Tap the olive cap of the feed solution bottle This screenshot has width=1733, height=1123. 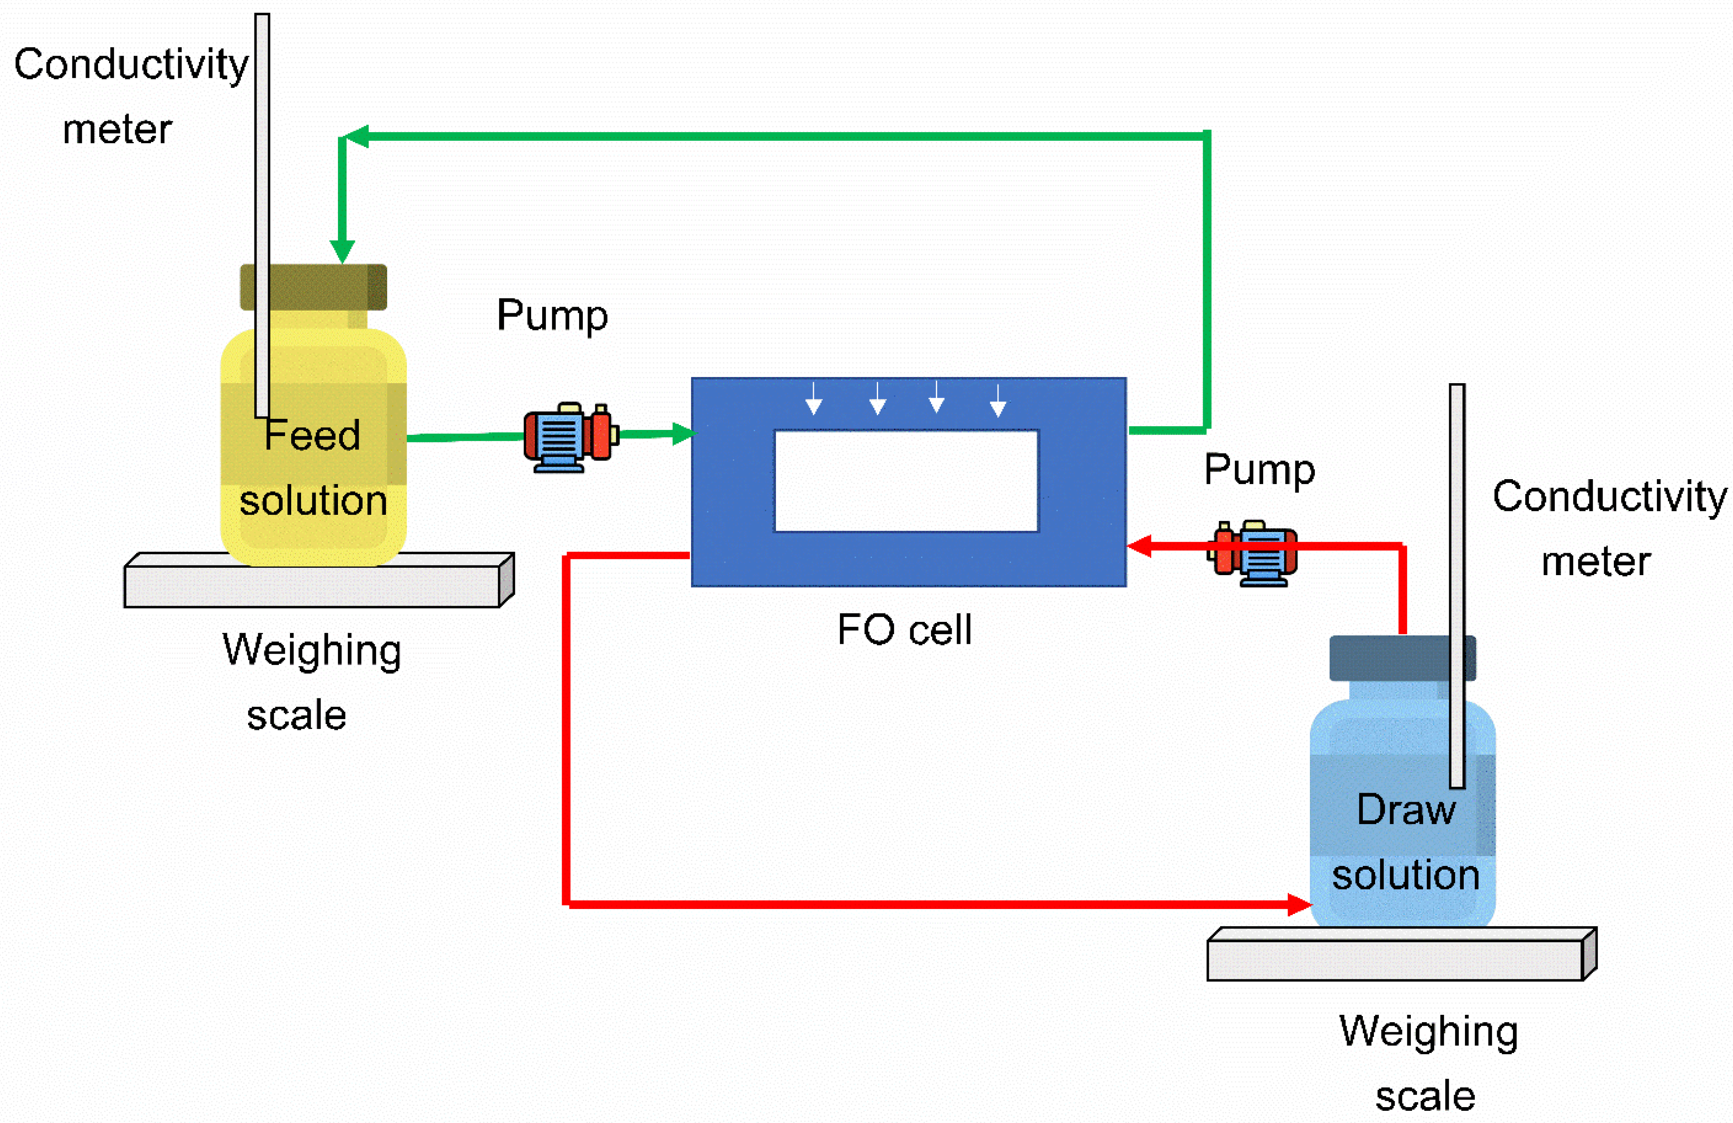(313, 287)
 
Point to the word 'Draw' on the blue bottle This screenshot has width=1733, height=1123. (1405, 810)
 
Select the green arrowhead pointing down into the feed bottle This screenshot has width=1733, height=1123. (342, 251)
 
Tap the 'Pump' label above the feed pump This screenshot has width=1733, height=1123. (552, 315)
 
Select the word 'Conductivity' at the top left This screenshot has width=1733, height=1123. (131, 65)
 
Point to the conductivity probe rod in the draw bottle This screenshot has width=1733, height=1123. (1456, 582)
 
